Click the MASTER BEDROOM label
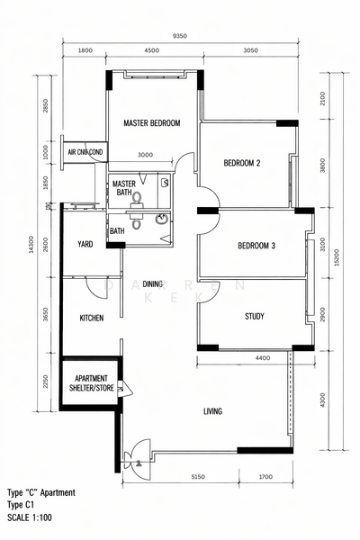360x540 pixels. coord(152,122)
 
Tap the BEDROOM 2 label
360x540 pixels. coord(241,163)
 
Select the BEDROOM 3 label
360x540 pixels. coord(256,246)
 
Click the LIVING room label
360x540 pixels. coord(212,411)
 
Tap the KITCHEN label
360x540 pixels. coord(91,318)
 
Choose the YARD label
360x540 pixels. coord(85,244)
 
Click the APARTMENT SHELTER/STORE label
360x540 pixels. coord(91,383)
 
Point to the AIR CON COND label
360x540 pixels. coord(85,153)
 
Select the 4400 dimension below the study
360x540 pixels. coord(263,359)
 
